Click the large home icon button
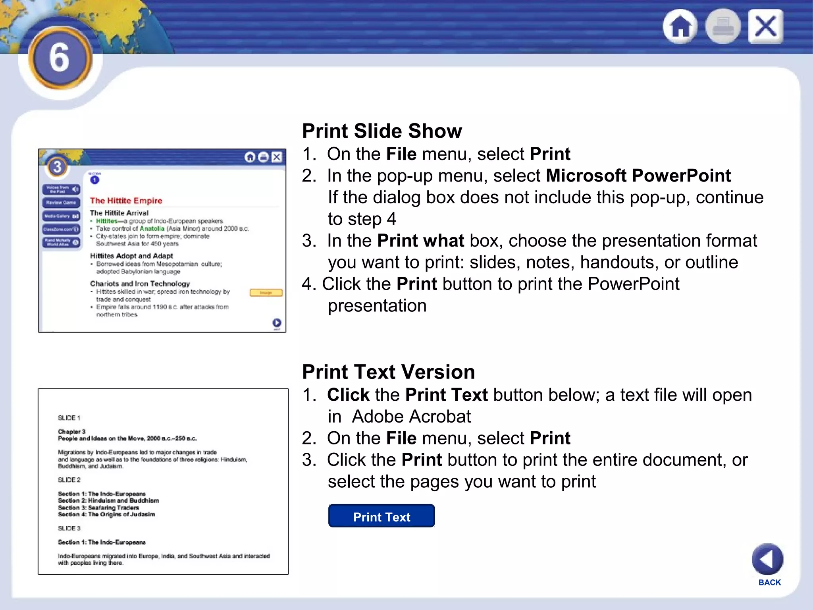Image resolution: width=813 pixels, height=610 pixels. point(680,27)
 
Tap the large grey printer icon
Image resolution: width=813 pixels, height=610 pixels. point(722,27)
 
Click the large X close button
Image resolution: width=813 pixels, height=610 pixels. point(766,27)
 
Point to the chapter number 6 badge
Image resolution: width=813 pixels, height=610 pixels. point(60,58)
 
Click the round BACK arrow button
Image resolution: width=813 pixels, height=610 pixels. point(767,559)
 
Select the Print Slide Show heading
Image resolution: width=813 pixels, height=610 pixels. point(382,131)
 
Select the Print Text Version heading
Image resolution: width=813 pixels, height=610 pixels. point(388,372)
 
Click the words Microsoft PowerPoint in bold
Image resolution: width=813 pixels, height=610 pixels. point(638,176)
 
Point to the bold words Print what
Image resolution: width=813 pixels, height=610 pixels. point(420,241)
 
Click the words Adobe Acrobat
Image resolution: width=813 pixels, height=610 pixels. point(411,417)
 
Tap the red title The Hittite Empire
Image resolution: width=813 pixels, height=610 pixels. point(126,201)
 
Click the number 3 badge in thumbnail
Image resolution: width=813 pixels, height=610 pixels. point(57,167)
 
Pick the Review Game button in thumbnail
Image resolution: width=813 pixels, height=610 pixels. point(61,203)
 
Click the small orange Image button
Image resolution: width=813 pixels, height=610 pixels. point(266,293)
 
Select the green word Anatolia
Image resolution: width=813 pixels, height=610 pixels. point(152,228)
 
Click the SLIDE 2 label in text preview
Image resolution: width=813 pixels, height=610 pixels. point(69,480)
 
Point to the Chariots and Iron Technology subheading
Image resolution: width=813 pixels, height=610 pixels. point(140,284)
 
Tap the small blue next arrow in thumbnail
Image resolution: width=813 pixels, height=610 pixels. point(277,322)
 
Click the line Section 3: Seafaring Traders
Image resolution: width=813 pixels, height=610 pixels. point(98,508)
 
